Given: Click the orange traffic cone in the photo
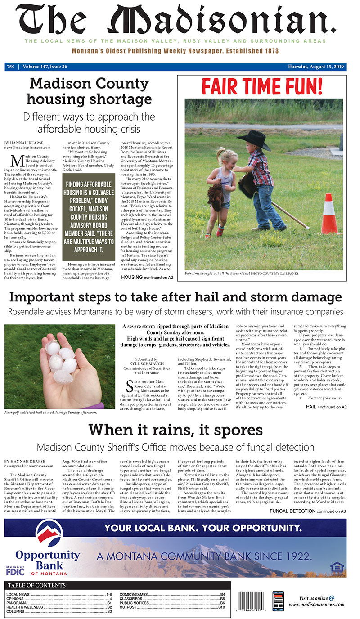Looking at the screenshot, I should click(x=331, y=214).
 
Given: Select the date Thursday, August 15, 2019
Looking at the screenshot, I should click(x=315, y=67).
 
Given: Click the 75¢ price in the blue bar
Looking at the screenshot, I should click(x=10, y=67).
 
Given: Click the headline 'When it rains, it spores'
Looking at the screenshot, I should click(x=175, y=430).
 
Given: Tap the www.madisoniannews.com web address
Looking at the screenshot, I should click(x=318, y=605).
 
